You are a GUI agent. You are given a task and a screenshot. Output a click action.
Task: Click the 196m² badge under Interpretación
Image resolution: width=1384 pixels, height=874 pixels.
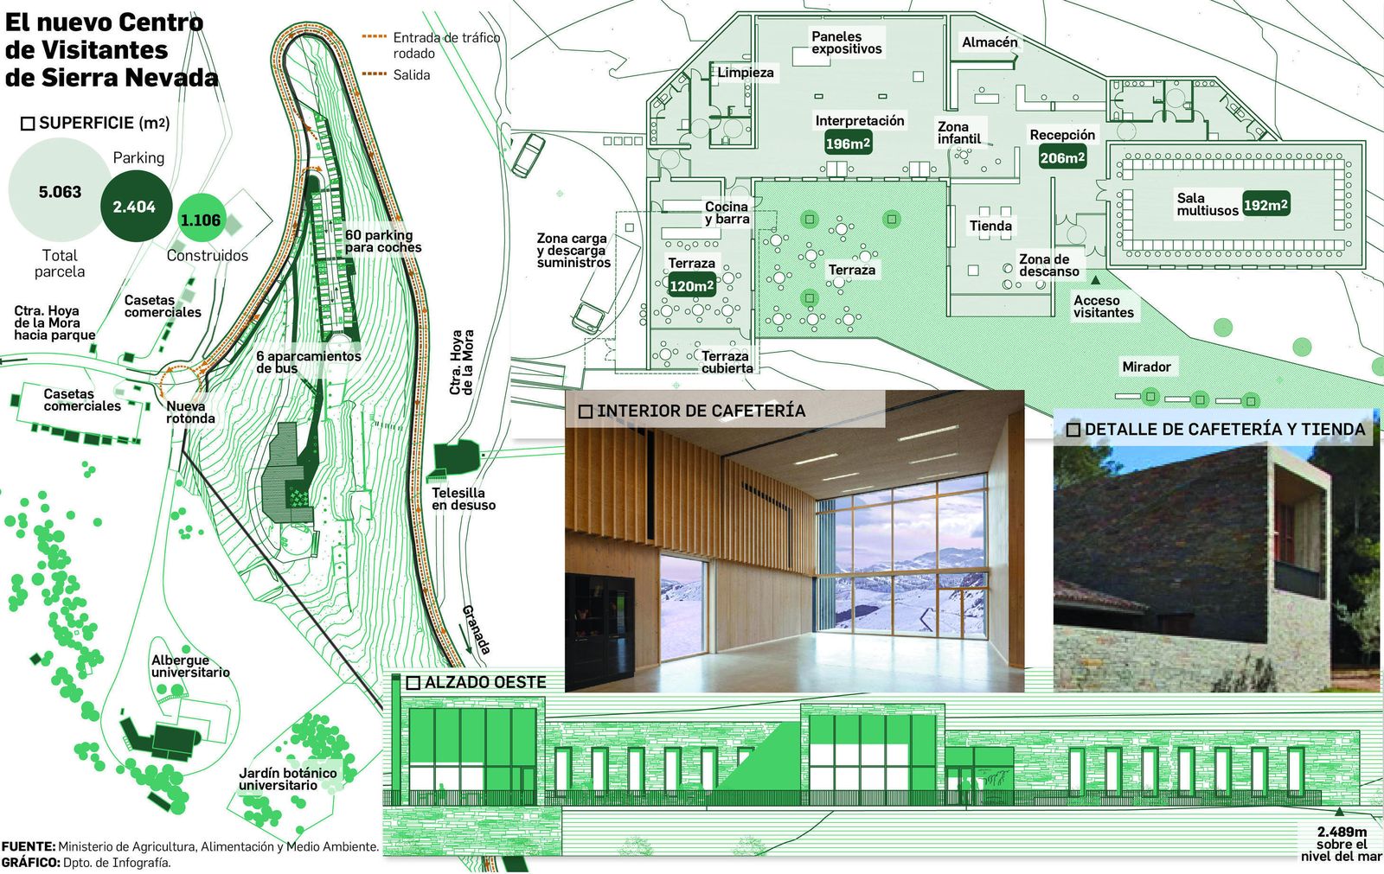pyautogui.click(x=849, y=144)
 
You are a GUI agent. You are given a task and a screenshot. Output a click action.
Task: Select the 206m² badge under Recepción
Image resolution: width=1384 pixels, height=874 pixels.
pyautogui.click(x=1062, y=158)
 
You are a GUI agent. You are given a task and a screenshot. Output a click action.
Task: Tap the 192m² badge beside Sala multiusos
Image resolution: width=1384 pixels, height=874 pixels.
pyautogui.click(x=1265, y=204)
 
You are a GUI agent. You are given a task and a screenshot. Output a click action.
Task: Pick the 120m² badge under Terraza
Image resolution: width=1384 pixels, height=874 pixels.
pyautogui.click(x=692, y=286)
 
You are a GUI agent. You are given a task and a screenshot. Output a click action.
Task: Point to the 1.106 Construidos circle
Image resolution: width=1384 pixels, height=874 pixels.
pyautogui.click(x=200, y=220)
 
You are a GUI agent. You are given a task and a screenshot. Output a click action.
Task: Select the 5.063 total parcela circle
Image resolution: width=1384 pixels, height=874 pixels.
pyautogui.click(x=60, y=190)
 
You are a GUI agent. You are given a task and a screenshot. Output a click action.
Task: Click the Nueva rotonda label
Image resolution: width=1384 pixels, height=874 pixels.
pyautogui.click(x=191, y=412)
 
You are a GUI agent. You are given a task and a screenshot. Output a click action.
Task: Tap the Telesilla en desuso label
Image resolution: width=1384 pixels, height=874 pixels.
pyautogui.click(x=464, y=499)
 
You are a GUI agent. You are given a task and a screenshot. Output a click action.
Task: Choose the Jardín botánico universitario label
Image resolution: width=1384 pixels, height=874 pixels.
pyautogui.click(x=288, y=779)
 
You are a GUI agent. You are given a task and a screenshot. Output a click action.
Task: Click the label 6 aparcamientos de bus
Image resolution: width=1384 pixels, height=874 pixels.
pyautogui.click(x=308, y=362)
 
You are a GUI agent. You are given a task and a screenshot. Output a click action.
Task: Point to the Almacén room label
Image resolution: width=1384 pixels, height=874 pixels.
pyautogui.click(x=990, y=42)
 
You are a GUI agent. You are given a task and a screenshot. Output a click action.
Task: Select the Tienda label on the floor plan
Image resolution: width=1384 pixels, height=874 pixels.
pyautogui.click(x=990, y=226)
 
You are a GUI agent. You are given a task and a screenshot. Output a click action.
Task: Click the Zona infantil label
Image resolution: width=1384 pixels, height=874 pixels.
pyautogui.click(x=959, y=133)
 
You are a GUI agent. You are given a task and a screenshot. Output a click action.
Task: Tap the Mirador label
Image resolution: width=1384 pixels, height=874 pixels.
pyautogui.click(x=1147, y=367)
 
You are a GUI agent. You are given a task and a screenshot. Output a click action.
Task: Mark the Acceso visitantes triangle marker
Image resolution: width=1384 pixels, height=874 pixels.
pyautogui.click(x=1095, y=280)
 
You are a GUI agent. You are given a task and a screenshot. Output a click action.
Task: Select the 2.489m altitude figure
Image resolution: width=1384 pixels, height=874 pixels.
pyautogui.click(x=1342, y=832)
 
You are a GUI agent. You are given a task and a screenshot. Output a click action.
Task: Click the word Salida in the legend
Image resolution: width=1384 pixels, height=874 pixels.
pyautogui.click(x=412, y=74)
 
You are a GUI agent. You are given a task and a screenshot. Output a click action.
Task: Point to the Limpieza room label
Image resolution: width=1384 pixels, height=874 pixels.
pyautogui.click(x=745, y=73)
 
